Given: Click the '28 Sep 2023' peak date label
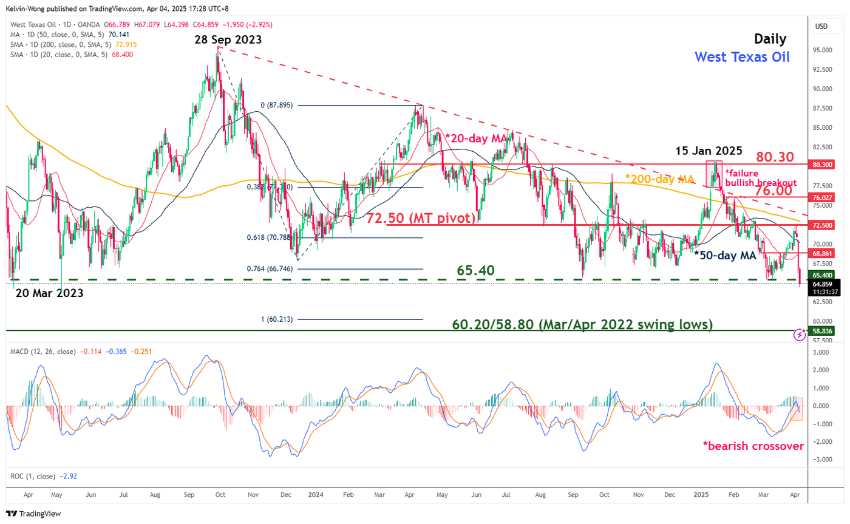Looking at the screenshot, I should (x=228, y=39).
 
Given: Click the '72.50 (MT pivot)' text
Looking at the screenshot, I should (x=420, y=217).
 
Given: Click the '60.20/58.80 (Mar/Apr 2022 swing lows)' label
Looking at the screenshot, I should (x=582, y=325).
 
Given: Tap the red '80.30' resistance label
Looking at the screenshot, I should (x=774, y=157).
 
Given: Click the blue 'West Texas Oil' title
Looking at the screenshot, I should (x=741, y=57).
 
